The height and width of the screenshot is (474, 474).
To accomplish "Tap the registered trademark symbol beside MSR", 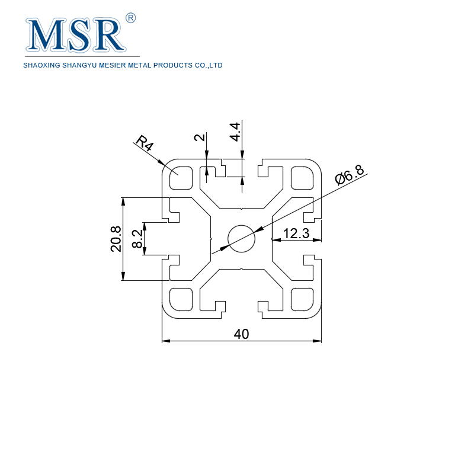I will (131, 18).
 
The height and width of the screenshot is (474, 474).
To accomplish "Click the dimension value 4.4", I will (235, 131).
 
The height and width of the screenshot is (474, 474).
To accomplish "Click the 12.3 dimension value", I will (296, 233).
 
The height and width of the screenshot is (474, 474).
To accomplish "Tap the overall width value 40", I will (241, 334).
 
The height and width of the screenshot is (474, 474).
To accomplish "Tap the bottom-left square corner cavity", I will (181, 299).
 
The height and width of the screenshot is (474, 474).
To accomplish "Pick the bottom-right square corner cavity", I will (302, 299).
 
